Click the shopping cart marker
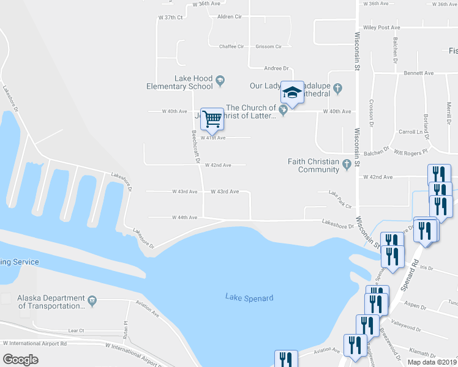[x=212, y=118]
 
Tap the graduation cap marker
[x=293, y=94]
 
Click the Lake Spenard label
[x=249, y=298]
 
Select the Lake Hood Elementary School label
[x=179, y=82]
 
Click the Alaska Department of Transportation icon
[x=92, y=300]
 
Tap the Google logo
[x=20, y=359]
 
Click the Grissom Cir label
[x=268, y=46]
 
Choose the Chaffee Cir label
[x=231, y=46]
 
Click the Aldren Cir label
[x=230, y=17]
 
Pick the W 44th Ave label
[x=184, y=217]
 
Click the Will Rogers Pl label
[x=410, y=150]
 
